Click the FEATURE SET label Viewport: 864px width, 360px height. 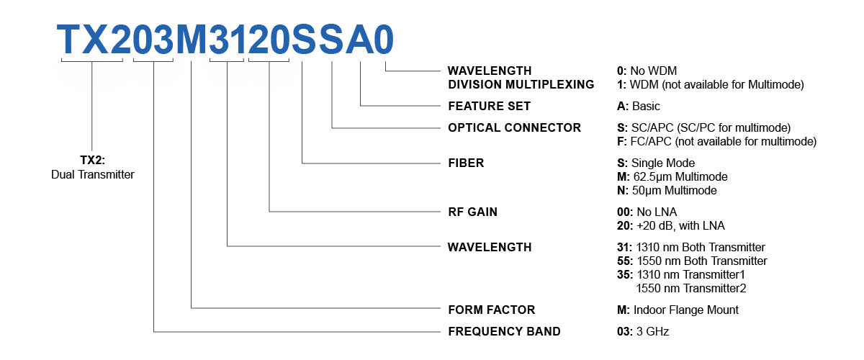pyautogui.click(x=489, y=106)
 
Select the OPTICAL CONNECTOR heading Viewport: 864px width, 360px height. pyautogui.click(x=514, y=127)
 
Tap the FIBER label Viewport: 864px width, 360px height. pyautogui.click(x=466, y=163)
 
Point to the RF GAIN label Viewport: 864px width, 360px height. pyautogui.click(x=472, y=212)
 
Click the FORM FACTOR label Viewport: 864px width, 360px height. pyautogui.click(x=491, y=310)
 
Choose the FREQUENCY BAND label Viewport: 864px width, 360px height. pyautogui.click(x=503, y=331)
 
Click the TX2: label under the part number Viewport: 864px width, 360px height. pyautogui.click(x=93, y=161)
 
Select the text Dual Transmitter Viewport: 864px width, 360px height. pyautogui.click(x=93, y=174)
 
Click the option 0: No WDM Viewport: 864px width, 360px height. pyautogui.click(x=642, y=71)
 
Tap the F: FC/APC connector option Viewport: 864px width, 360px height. pyautogui.click(x=712, y=141)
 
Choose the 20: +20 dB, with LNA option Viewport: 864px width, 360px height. pyautogui.click(x=667, y=225)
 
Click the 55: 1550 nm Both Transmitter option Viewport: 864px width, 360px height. pyautogui.click(x=688, y=261)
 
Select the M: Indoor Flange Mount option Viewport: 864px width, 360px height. pyautogui.click(x=673, y=310)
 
